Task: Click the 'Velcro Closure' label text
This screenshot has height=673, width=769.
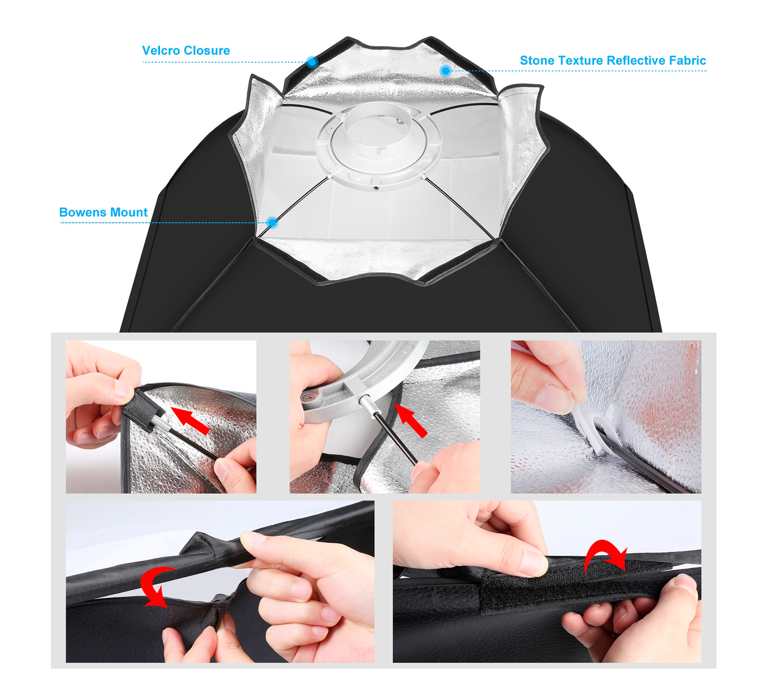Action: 186,50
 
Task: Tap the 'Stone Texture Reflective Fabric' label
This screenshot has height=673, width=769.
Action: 613,61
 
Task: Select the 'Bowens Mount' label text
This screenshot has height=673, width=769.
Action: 103,212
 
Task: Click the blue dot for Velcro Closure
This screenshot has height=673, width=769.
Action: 312,62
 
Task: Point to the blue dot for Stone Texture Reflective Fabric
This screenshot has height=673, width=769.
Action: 446,71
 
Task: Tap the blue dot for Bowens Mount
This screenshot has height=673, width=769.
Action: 273,223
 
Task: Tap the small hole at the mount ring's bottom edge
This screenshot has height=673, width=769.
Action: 376,188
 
